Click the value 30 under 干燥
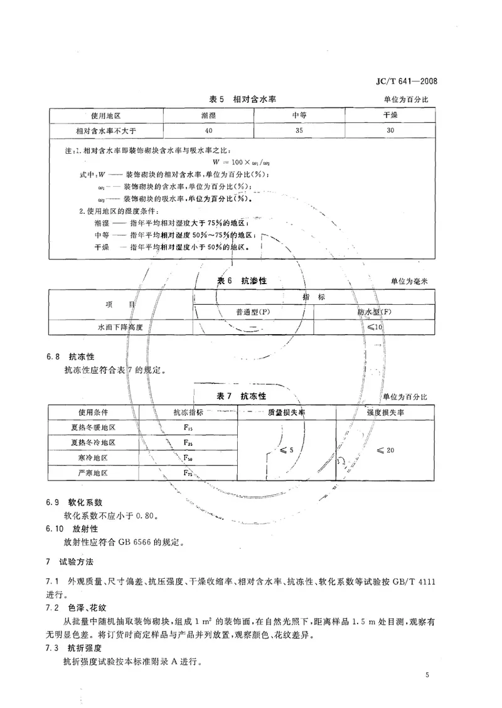[390, 130]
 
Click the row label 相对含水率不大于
[106, 130]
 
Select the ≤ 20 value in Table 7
[385, 450]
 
